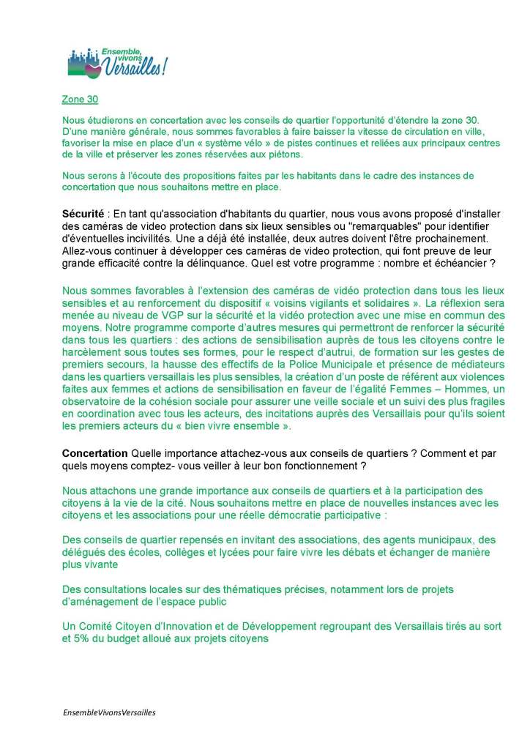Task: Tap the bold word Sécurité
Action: (x=83, y=213)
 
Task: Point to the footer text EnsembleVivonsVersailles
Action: (x=104, y=711)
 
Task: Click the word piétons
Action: (x=274, y=154)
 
